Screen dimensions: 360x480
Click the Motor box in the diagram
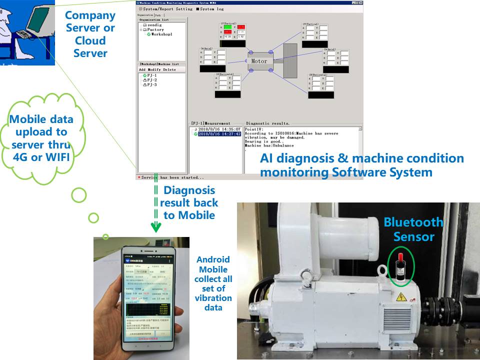click(259, 61)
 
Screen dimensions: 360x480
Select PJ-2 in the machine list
click(152, 80)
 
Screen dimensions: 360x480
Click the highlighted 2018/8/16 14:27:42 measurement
click(219, 134)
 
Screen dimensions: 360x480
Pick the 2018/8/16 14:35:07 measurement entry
click(219, 129)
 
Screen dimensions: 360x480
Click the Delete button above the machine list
click(170, 69)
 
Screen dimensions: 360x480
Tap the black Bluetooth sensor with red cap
click(399, 264)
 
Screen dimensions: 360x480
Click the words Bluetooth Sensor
click(413, 229)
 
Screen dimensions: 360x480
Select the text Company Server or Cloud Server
click(90, 34)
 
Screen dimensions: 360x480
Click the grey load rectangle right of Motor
click(290, 60)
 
